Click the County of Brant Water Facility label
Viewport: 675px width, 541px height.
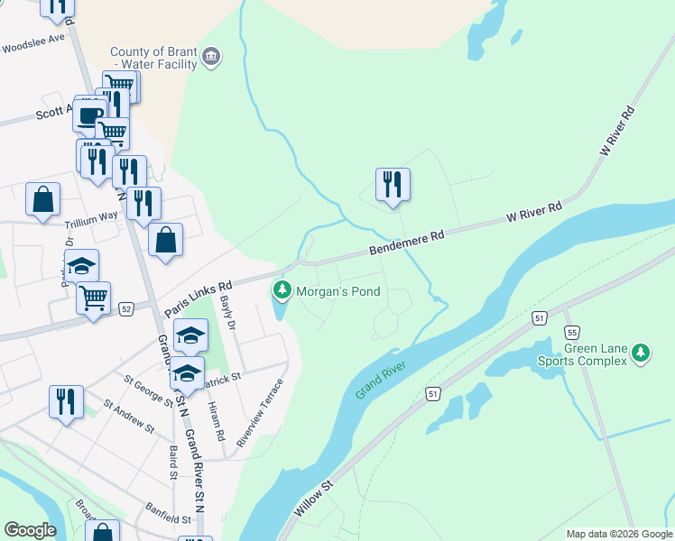153,58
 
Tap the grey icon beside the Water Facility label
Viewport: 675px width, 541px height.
211,58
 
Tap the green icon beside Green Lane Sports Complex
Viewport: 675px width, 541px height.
641,353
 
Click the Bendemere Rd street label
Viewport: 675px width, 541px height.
407,243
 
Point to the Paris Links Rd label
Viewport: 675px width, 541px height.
199,297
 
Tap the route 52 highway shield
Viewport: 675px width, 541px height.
125,309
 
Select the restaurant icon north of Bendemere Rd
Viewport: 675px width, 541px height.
393,185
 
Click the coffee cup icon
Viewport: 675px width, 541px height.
90,115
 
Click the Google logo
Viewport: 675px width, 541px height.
30,530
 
